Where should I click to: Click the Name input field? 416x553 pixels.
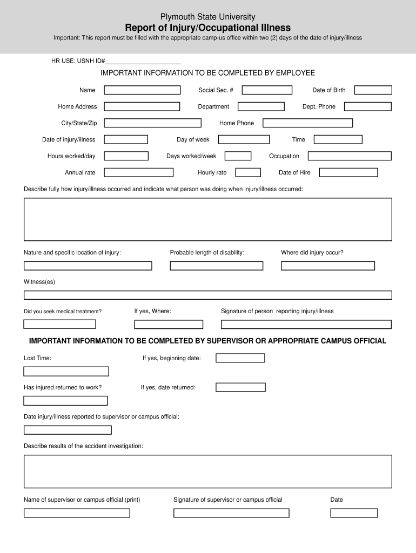click(x=142, y=90)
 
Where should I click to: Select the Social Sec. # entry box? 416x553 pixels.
click(x=266, y=90)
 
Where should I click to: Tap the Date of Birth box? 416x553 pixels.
click(x=373, y=90)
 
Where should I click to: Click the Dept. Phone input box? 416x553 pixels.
click(x=367, y=107)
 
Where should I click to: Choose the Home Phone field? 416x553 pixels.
click(x=307, y=123)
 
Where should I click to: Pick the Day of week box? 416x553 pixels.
click(x=244, y=140)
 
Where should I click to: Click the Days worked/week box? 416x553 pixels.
click(x=238, y=156)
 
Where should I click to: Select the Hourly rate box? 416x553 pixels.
click(x=248, y=173)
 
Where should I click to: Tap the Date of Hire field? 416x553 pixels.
click(x=348, y=173)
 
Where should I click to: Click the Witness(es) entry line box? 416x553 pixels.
click(x=207, y=295)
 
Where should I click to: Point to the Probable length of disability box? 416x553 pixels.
click(x=216, y=266)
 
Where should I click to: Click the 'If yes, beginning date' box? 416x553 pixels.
click(x=240, y=358)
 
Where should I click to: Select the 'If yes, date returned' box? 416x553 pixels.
click(x=240, y=387)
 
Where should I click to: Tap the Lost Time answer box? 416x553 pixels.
click(x=66, y=372)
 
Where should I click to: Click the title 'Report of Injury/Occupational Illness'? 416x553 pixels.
click(x=208, y=28)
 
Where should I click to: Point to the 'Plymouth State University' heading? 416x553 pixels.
click(x=208, y=17)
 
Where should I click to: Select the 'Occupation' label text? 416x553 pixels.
click(x=284, y=156)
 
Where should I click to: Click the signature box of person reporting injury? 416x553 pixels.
click(x=306, y=325)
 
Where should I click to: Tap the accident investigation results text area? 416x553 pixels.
click(x=207, y=471)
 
